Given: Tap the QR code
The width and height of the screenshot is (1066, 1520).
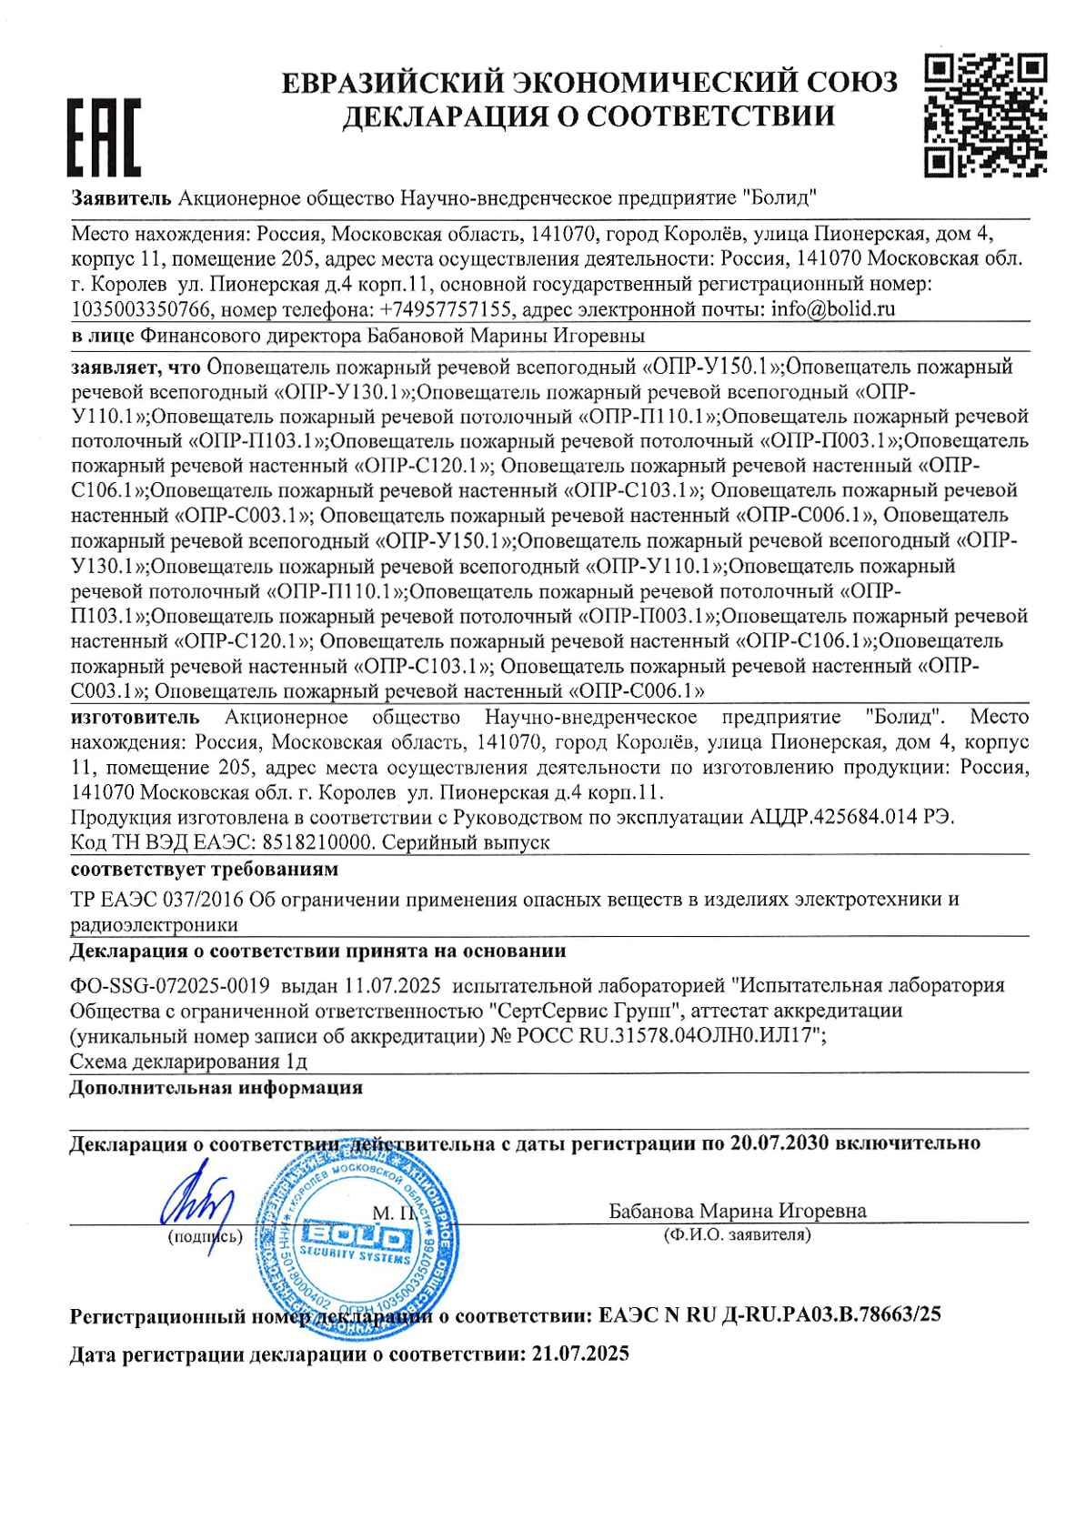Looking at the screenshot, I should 985,115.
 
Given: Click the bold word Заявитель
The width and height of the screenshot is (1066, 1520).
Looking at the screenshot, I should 121,197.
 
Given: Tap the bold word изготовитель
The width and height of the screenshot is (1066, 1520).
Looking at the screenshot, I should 135,718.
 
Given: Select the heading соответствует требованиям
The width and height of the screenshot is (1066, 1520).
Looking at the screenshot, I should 205,869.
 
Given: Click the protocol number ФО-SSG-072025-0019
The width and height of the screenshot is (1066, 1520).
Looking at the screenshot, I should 170,985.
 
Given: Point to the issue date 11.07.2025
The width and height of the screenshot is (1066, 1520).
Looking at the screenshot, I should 392,985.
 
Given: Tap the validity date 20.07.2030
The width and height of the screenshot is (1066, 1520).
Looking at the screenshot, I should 779,1143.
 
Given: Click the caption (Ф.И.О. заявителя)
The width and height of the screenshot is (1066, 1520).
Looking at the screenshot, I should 737,1234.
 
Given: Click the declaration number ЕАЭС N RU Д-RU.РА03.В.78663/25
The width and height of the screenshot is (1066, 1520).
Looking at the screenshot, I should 769,1315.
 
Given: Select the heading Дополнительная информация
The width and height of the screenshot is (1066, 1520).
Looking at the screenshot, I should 216,1088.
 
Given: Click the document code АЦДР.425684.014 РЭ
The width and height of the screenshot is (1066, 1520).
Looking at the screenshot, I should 851,817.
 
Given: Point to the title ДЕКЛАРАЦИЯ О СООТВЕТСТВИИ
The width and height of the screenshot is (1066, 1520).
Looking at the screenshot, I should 588,116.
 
